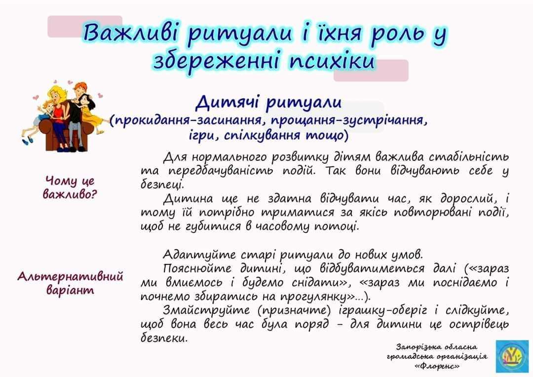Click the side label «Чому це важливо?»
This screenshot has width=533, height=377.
(x=70, y=188)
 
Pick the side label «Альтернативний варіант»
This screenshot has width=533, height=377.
(x=70, y=283)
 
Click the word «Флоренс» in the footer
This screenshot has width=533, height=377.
(x=437, y=366)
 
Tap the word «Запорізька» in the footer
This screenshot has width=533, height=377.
(x=414, y=347)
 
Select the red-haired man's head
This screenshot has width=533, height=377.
(x=80, y=90)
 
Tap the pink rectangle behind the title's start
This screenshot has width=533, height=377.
(x=85, y=26)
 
